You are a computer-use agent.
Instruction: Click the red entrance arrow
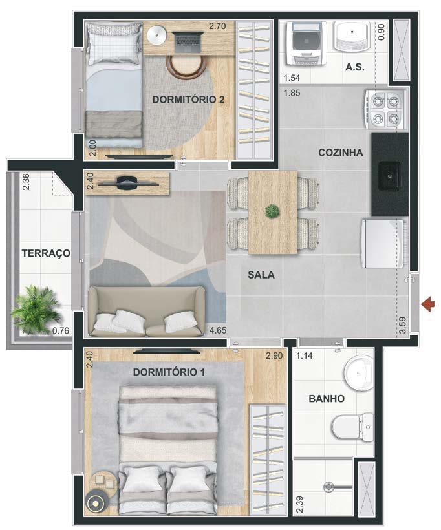[x=428, y=304]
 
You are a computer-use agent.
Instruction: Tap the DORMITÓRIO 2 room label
[x=188, y=100]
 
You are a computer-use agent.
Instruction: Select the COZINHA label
[x=341, y=153]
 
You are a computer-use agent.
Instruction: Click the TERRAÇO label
[x=46, y=253]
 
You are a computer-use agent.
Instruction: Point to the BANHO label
[x=327, y=399]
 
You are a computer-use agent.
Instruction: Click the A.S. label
[x=355, y=67]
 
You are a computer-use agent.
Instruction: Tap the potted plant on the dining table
[x=272, y=211]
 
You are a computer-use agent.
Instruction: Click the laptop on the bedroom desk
[x=188, y=42]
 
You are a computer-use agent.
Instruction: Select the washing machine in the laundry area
[x=307, y=43]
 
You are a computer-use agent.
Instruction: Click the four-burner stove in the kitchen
[x=385, y=110]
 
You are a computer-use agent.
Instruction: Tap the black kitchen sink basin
[x=390, y=176]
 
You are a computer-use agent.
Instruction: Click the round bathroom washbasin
[x=358, y=373]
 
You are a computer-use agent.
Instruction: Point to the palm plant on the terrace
[x=35, y=308]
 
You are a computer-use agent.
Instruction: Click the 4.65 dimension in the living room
[x=218, y=330]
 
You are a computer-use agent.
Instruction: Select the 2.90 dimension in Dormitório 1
[x=274, y=355]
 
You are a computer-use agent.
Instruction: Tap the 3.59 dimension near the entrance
[x=402, y=325]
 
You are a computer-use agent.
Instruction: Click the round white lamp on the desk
[x=157, y=35]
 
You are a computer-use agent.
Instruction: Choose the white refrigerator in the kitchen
[x=383, y=244]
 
